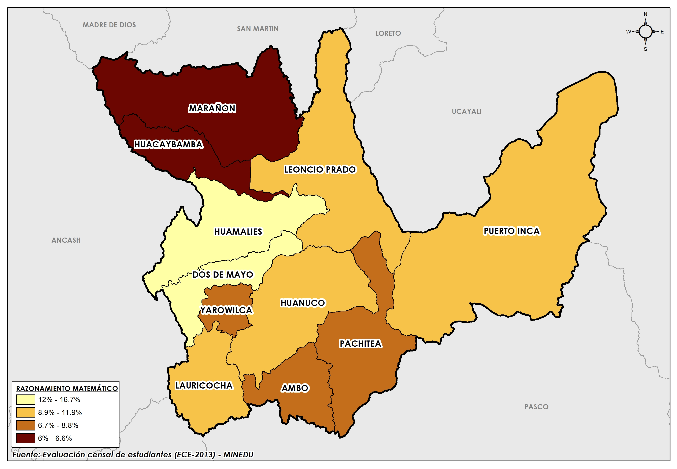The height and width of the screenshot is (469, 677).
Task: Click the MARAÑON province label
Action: (x=212, y=108)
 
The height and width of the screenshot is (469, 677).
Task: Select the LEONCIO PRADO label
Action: (x=320, y=170)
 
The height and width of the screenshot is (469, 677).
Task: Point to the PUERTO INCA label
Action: (x=511, y=231)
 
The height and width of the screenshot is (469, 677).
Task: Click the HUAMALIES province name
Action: (x=238, y=232)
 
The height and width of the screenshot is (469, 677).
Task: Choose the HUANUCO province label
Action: (x=303, y=303)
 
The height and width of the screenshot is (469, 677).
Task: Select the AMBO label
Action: (x=295, y=388)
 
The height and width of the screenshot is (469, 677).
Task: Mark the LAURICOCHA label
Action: (x=204, y=386)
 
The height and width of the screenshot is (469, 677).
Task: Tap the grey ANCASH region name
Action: (x=66, y=240)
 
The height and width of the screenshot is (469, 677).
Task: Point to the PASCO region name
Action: (x=536, y=407)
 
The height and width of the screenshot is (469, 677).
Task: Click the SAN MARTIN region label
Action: (x=258, y=29)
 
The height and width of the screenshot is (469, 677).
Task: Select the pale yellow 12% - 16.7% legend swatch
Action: (x=26, y=400)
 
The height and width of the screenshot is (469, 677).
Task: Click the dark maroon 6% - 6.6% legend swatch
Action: (x=26, y=438)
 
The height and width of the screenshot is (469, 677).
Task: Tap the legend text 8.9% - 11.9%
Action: (x=60, y=413)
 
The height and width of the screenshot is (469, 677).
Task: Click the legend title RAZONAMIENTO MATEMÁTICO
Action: (x=67, y=389)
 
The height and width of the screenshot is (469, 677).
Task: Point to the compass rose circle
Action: (x=645, y=31)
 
